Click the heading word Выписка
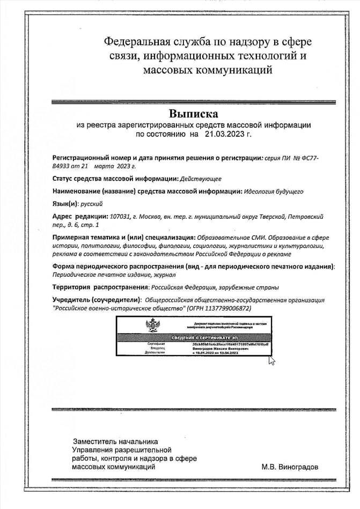point(194,114)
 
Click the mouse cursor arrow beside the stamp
point(271,360)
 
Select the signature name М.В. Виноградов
point(290,467)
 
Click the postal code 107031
point(120,217)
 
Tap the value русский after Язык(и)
point(92,204)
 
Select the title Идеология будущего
point(274,191)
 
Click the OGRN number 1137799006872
point(226,309)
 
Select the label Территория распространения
point(100,287)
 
